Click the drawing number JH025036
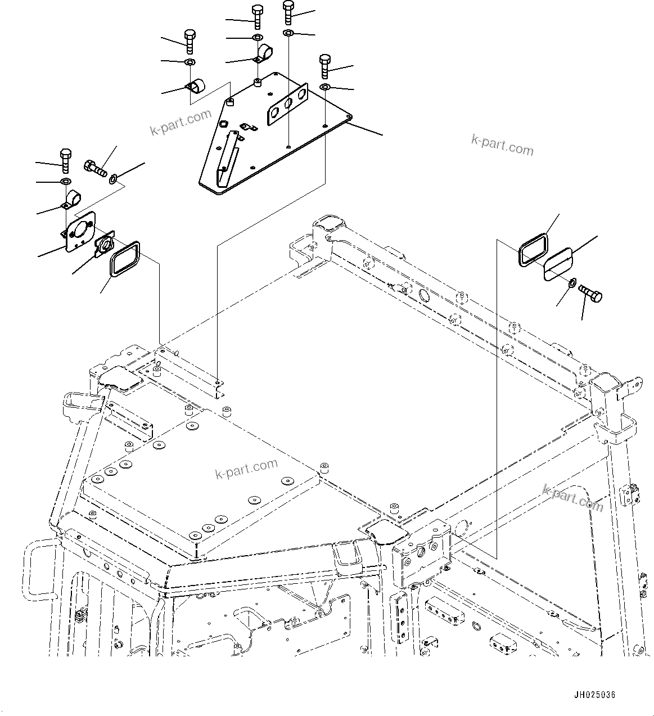tap(594, 695)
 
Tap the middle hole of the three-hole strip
tap(287, 104)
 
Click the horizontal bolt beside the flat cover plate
tap(588, 293)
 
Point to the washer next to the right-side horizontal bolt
tap(571, 282)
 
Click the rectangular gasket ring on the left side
tap(124, 258)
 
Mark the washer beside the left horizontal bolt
tap(114, 179)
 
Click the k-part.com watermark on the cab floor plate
tap(247, 469)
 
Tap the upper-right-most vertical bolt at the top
tap(288, 11)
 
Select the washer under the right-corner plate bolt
tap(325, 87)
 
